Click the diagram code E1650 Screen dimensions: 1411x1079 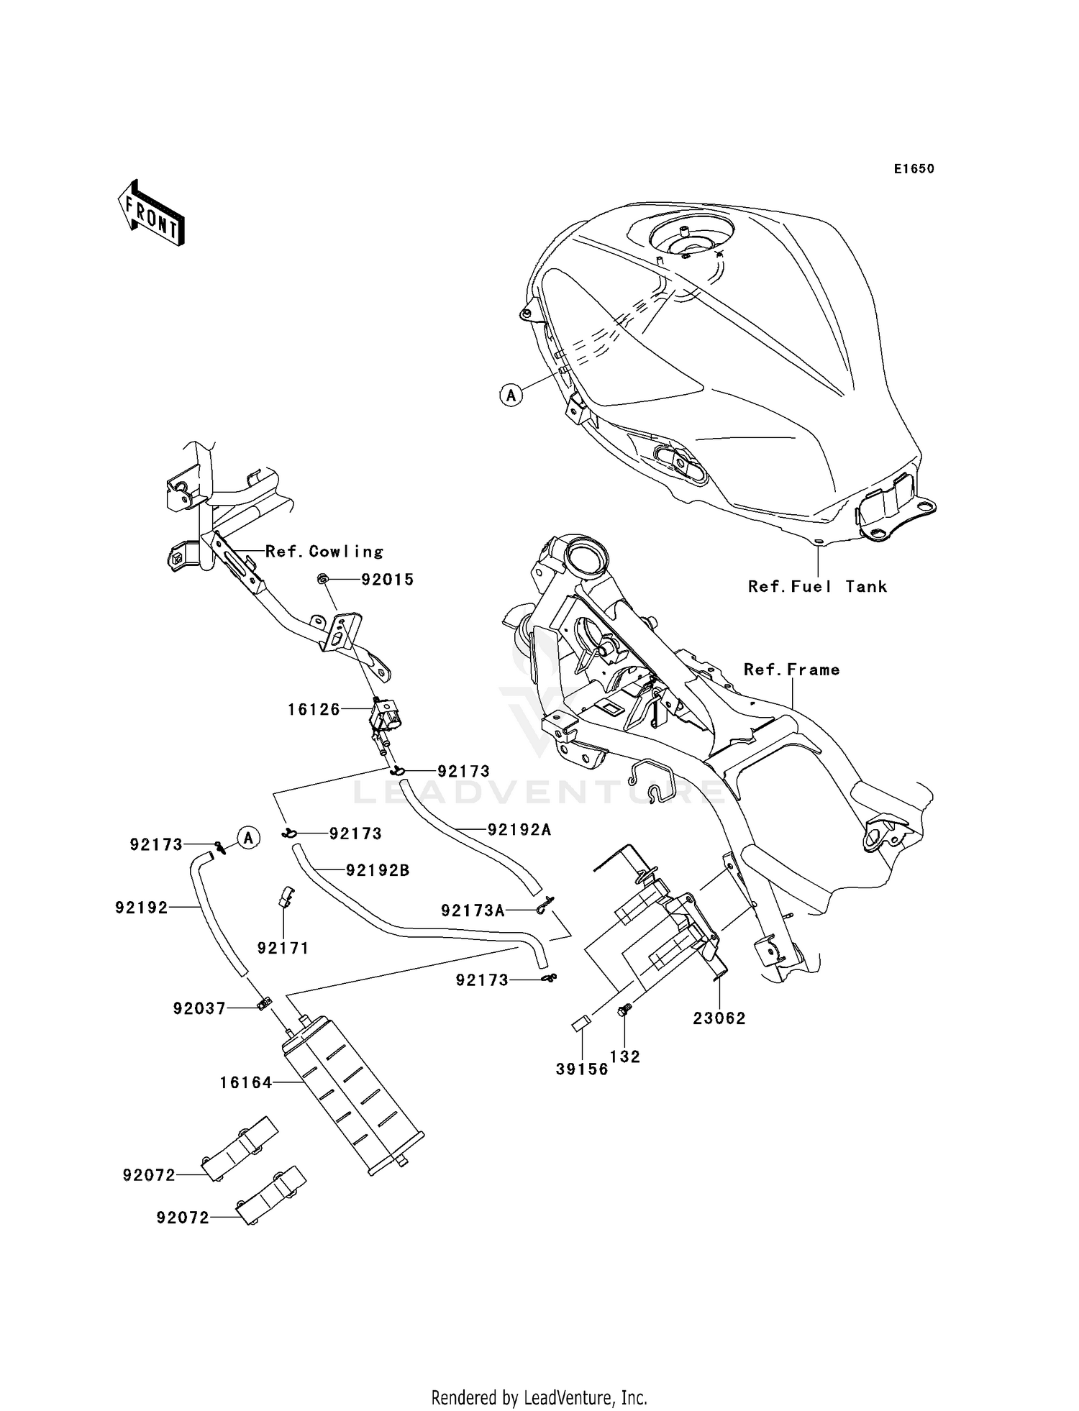pos(914,169)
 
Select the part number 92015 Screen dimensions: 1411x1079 pos(387,580)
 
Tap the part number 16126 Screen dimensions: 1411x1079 pos(314,710)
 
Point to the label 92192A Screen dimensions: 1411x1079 pos(519,829)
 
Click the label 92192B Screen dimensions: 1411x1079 pos(377,870)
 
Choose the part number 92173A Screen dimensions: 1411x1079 pos(473,910)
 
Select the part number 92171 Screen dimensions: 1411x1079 pos(283,948)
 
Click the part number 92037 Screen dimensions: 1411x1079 pos(199,1008)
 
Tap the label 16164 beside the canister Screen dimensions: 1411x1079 pos(245,1082)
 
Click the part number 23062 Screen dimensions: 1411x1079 pos(719,1018)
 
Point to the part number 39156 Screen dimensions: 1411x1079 pos(582,1069)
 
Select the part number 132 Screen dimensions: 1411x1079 pos(624,1056)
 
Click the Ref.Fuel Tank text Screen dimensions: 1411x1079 pos(817,586)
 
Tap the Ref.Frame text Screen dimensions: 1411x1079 pos(791,670)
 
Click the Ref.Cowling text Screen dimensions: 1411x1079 pos(324,552)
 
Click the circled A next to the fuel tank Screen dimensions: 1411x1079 pos(511,395)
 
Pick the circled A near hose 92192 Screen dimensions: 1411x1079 pos(248,838)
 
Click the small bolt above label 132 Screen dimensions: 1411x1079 pos(624,1011)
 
